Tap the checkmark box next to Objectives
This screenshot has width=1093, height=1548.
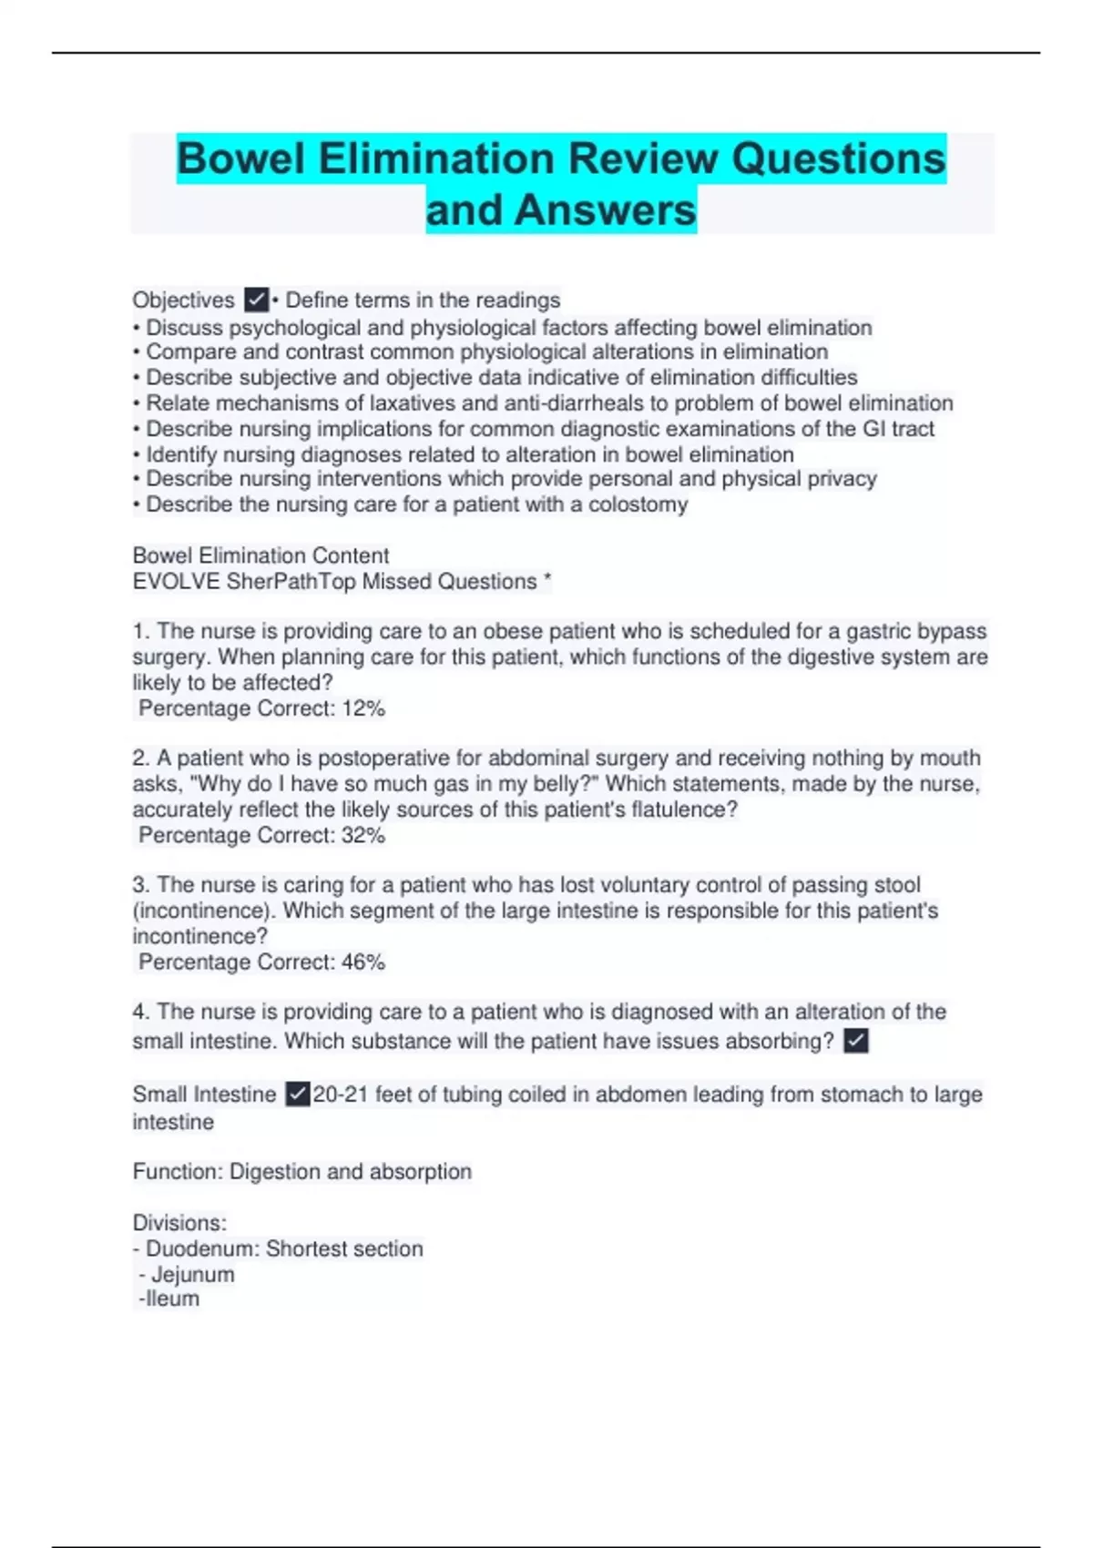click(x=257, y=300)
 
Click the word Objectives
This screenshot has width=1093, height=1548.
click(x=183, y=300)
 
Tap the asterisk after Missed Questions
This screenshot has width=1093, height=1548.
click(x=546, y=579)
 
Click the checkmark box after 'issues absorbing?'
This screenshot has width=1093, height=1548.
click(x=855, y=1041)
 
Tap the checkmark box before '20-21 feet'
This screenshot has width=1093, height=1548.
click(x=298, y=1094)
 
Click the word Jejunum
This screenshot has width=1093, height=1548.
click(x=192, y=1275)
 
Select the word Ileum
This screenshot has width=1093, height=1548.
click(x=172, y=1299)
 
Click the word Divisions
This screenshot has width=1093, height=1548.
click(x=179, y=1223)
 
